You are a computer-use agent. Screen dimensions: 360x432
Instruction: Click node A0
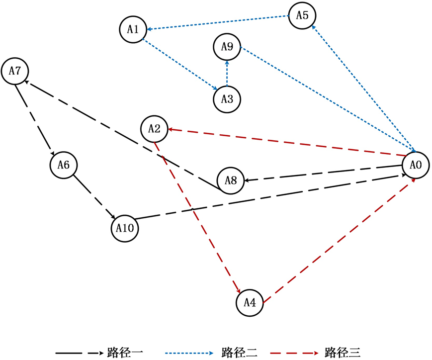click(416, 165)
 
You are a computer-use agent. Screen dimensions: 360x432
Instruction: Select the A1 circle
click(133, 29)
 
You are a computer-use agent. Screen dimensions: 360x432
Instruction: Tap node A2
click(154, 129)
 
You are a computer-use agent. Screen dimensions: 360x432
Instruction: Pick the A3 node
click(227, 98)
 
